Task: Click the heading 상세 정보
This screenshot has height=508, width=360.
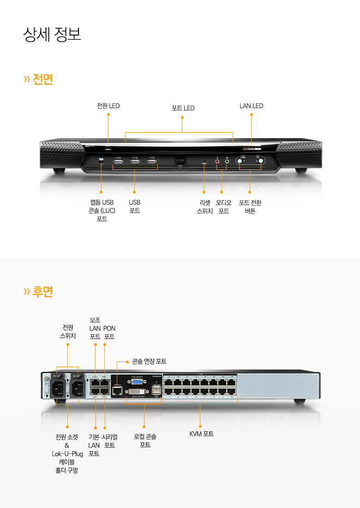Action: point(52,35)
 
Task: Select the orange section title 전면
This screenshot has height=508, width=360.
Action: point(42,79)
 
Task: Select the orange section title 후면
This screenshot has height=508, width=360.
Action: point(42,291)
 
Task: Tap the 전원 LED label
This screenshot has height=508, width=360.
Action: point(108,106)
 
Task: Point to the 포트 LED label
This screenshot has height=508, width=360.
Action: point(183,108)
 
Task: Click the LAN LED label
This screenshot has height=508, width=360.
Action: point(252,106)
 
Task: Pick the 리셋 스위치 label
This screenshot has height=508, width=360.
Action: point(204,207)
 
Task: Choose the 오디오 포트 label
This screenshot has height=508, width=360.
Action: point(224,207)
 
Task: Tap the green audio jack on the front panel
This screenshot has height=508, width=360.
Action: point(227,162)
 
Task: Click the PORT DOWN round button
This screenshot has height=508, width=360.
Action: point(240,161)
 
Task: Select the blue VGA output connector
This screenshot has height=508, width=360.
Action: point(137,382)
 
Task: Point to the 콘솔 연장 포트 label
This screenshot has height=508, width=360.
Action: point(149,361)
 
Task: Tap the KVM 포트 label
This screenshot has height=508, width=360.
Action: point(201,434)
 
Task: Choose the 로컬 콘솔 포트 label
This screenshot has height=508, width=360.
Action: point(145,441)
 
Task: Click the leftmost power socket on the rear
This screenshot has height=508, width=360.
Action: point(60,390)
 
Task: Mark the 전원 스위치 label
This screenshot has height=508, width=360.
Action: point(68,332)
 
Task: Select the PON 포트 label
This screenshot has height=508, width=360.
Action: point(109,333)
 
